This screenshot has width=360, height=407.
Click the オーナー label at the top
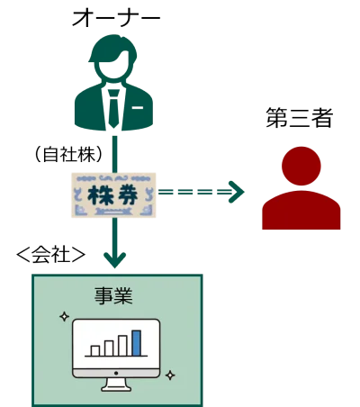(x=116, y=18)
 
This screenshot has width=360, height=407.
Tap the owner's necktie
(x=113, y=109)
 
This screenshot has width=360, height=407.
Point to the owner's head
(x=113, y=59)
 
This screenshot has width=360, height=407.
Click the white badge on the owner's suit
(x=138, y=107)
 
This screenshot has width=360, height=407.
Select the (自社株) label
(x=69, y=155)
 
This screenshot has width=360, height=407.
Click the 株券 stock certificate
(x=113, y=195)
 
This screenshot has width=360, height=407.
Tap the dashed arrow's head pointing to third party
(x=237, y=192)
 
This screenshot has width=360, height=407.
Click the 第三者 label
(x=299, y=118)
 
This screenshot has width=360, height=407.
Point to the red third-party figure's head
(x=301, y=166)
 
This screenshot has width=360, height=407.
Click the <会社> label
(x=51, y=255)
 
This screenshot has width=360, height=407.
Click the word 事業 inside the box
(x=113, y=296)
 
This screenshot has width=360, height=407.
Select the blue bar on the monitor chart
(x=137, y=343)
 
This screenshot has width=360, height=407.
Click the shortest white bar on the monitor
(x=95, y=351)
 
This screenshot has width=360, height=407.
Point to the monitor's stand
(x=116, y=384)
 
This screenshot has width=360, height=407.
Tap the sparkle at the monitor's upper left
(x=64, y=316)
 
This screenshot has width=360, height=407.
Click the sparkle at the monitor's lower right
(x=170, y=375)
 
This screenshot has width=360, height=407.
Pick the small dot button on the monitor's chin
(x=116, y=373)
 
